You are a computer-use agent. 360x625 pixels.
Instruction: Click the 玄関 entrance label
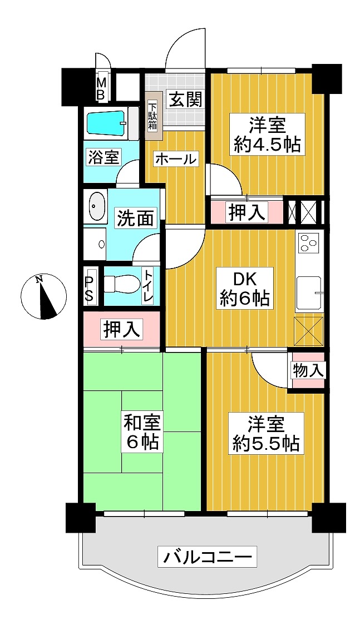(x=185, y=99)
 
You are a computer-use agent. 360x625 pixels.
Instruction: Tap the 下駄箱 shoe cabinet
(x=154, y=116)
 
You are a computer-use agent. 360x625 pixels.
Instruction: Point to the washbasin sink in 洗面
(x=96, y=206)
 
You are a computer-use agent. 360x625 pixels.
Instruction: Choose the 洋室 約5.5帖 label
(x=266, y=433)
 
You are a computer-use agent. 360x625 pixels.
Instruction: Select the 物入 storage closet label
(x=307, y=371)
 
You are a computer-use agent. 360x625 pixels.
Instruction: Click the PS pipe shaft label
(x=89, y=286)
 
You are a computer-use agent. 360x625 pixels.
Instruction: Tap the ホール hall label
(x=176, y=159)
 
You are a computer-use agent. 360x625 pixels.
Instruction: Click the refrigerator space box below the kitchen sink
(x=309, y=331)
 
